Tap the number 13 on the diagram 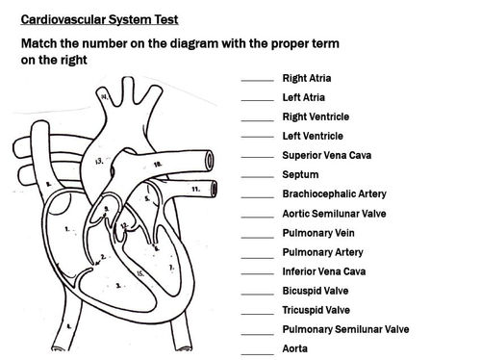pos(99,162)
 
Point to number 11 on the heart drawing pos(194,190)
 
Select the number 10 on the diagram pos(158,166)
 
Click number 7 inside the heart pos(171,266)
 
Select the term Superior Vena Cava pos(327,155)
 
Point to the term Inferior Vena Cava pos(323,271)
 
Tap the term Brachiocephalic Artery pos(333,193)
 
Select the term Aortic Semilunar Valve pos(334,213)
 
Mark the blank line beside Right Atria pos(257,81)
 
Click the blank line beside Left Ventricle pos(257,139)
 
